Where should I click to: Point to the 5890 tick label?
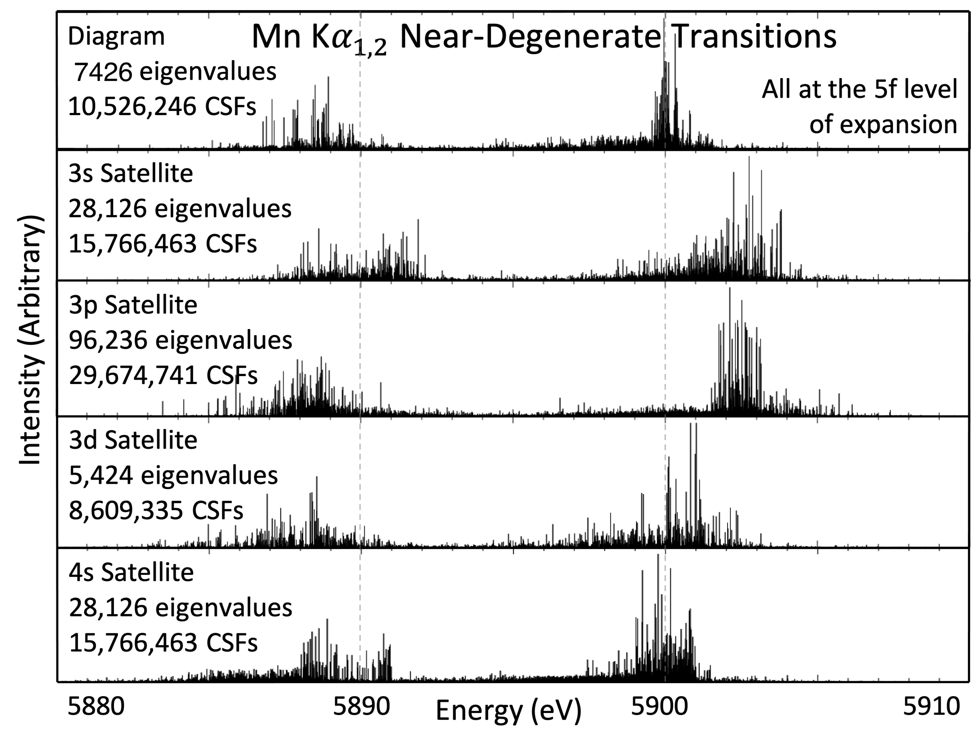click(361, 707)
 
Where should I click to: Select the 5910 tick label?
click(931, 707)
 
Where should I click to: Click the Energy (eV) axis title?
click(508, 711)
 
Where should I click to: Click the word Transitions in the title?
click(755, 37)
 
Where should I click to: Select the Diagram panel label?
click(116, 36)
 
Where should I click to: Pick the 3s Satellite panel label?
click(131, 173)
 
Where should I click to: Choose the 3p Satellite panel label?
click(133, 305)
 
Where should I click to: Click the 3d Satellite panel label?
click(133, 440)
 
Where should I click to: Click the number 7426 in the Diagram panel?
click(103, 72)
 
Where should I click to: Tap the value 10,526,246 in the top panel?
click(132, 107)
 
